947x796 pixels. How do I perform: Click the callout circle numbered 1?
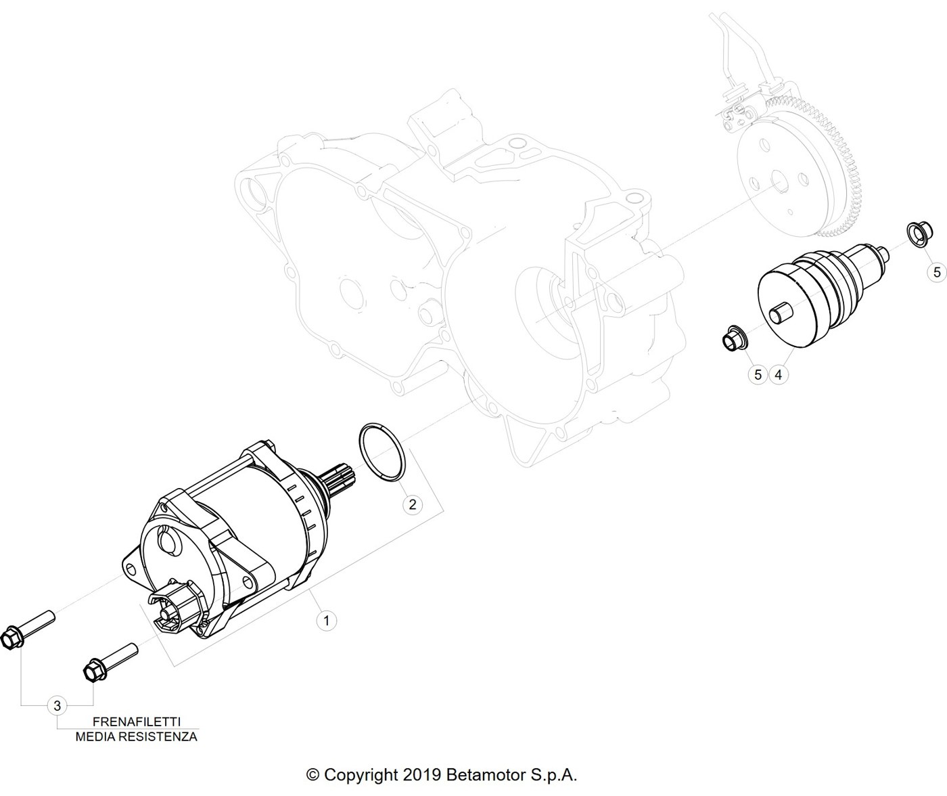pos(326,621)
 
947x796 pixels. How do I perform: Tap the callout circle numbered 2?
pos(412,504)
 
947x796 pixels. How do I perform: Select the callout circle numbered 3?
pos(57,706)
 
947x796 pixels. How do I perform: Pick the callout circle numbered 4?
pos(779,375)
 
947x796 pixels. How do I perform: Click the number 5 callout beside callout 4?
pos(758,375)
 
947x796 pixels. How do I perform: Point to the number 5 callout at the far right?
pos(937,272)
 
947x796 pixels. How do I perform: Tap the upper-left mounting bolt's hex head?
pos(11,638)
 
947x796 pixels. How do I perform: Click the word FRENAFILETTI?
pos(137,722)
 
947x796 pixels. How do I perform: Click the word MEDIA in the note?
pos(92,736)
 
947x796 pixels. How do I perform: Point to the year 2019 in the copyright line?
pos(422,774)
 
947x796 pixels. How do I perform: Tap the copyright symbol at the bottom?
pos(313,774)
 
